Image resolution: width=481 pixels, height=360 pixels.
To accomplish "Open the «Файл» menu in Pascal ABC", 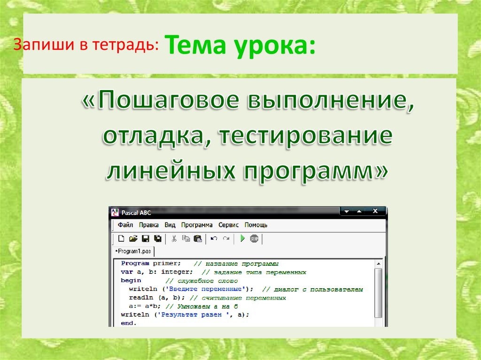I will (x=125, y=225).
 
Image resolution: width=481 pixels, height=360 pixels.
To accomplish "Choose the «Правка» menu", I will (x=149, y=225).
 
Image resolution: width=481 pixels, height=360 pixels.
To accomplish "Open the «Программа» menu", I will (x=197, y=225).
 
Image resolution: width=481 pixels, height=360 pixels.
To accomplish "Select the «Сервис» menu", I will (x=229, y=225).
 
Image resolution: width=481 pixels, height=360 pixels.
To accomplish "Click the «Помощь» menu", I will (x=256, y=225).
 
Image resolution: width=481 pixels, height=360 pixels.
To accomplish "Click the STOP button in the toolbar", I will (x=254, y=238).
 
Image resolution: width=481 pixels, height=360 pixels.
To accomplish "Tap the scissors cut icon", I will (x=174, y=238).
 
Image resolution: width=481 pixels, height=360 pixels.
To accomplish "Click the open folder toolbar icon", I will (x=133, y=238).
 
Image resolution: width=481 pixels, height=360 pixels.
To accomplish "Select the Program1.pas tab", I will (x=134, y=252).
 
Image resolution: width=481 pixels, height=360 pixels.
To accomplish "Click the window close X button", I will (x=375, y=212).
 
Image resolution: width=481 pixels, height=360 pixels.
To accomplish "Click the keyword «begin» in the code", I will (x=131, y=280).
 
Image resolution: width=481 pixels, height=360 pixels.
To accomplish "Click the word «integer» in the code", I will (x=178, y=272).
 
